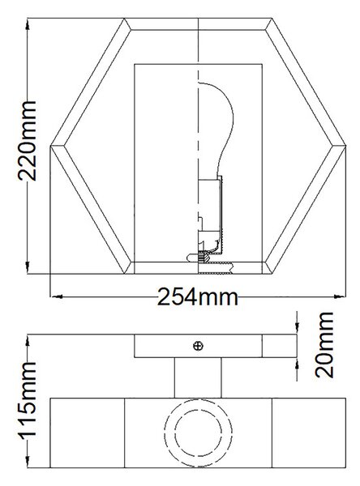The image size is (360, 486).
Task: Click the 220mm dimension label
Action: (28, 140)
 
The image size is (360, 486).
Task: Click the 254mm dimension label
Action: (198, 297)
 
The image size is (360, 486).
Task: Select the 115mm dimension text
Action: (28, 400)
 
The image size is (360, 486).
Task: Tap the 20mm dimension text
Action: (324, 345)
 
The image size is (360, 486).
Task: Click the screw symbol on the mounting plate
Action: (198, 346)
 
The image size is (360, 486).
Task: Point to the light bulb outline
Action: (216, 130)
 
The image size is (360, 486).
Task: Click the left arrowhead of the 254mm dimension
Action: (57, 296)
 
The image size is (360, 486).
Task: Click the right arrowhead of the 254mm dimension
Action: (340, 296)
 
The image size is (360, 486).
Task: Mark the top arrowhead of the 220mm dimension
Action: (28, 24)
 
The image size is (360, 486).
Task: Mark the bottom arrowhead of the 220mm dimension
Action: (28, 268)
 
